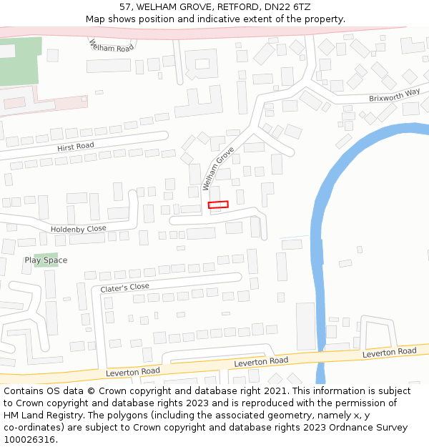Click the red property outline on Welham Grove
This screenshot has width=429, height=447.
pos(218,205)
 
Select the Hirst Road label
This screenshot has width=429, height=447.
pos(76,146)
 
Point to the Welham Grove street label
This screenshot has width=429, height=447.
pos(218,169)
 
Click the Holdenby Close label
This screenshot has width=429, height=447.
pos(79,229)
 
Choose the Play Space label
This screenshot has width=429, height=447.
pos(46,260)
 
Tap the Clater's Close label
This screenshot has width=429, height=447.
pos(125,288)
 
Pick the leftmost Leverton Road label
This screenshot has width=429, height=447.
pos(133,371)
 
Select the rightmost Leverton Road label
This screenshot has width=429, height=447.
pos(389,352)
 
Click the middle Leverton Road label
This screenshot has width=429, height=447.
pos(261,362)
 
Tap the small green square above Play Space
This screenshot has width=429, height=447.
pos(46,255)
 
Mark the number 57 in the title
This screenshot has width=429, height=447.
pos(126,7)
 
